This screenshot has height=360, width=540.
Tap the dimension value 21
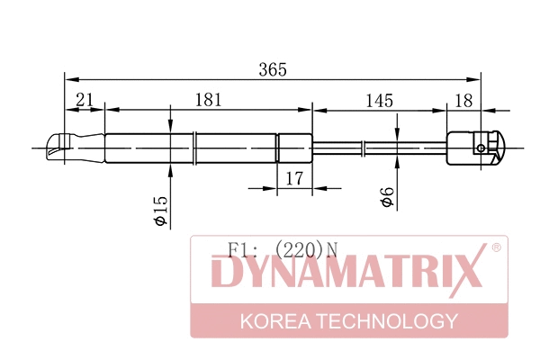click(85, 102)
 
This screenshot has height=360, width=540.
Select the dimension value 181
click(208, 102)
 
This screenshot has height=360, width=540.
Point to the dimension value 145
click(380, 102)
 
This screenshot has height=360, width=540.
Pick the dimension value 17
click(293, 178)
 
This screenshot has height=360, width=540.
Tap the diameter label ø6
click(386, 198)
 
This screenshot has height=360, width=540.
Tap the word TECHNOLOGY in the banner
click(392, 321)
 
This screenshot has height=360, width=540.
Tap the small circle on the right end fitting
click(482, 148)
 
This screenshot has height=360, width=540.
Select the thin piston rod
click(378, 146)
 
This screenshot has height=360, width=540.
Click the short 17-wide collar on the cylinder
click(292, 146)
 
